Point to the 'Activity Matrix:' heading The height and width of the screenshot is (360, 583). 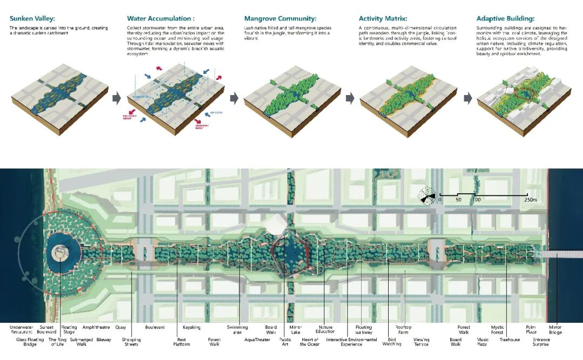383,18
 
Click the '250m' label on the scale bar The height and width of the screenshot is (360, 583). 531,200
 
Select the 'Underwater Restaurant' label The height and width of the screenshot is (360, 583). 22,330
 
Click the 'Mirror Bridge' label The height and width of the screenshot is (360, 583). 555,330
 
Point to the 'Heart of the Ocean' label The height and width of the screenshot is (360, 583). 310,342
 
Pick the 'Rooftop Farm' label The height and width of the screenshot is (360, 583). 403,330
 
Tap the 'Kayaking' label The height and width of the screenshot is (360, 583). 192,327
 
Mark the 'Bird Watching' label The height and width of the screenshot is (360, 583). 392,342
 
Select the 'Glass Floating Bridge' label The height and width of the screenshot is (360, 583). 30,342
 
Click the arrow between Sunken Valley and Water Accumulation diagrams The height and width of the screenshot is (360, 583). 116,98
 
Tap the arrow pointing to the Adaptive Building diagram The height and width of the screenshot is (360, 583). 467,98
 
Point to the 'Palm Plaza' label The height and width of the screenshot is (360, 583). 531,330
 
